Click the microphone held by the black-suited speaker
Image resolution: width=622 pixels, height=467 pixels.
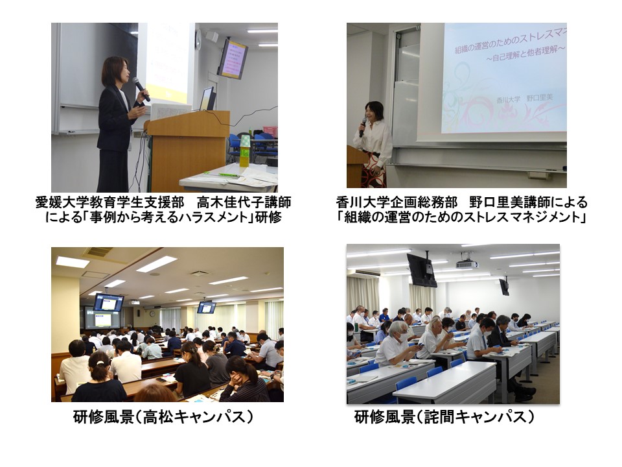[x=141, y=89]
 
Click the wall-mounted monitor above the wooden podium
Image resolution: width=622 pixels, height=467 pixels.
[x=233, y=58]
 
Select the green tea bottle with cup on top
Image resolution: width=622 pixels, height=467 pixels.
[x=245, y=151]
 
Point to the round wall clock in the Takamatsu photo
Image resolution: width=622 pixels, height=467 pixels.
[x=152, y=314]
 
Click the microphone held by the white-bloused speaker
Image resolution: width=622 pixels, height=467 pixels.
[x=363, y=127]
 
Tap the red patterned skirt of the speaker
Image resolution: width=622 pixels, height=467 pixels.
[x=374, y=170]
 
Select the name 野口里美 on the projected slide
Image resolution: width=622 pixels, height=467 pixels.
[x=540, y=98]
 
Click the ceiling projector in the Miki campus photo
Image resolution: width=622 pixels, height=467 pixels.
[x=466, y=263]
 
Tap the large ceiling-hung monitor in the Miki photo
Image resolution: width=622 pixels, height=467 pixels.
[x=422, y=270]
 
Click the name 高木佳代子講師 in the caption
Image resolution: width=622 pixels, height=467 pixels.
[x=244, y=202]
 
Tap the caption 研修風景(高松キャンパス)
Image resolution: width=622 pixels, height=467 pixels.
[x=163, y=417]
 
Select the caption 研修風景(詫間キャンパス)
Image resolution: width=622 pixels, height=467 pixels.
[x=444, y=417]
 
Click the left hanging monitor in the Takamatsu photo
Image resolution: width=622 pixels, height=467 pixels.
[x=108, y=303]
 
